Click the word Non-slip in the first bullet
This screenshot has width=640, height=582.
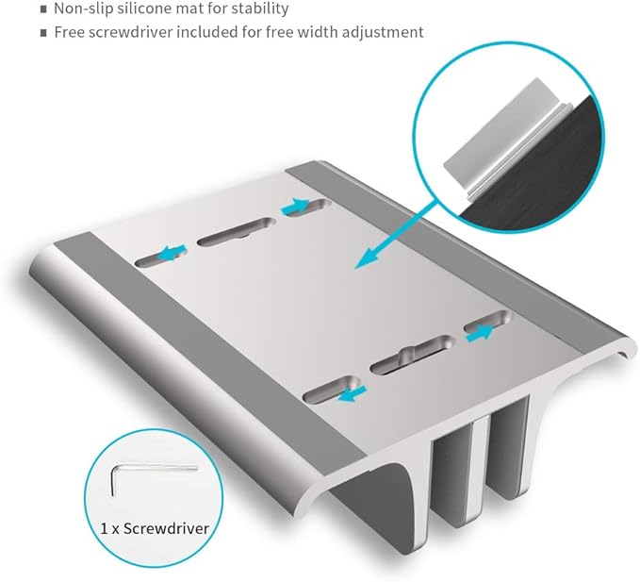click(x=84, y=8)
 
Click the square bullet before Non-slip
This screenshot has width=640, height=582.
click(x=43, y=9)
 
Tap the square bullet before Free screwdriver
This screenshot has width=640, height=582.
click(x=43, y=33)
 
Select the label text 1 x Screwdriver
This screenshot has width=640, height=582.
click(x=155, y=528)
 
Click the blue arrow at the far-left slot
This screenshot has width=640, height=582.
click(x=172, y=253)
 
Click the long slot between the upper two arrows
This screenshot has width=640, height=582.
click(x=237, y=232)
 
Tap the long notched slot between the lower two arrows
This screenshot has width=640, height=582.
click(x=412, y=355)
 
